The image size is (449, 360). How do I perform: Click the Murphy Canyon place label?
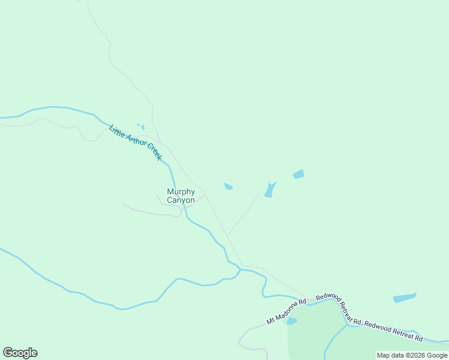point(181,196)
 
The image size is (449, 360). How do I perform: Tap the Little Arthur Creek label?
point(136,143)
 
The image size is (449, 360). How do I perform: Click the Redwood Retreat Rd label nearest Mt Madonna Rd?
point(339,308)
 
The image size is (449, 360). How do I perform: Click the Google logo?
point(20,353)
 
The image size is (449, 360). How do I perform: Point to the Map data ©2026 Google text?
point(412,355)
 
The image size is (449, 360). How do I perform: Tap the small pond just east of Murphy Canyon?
point(228,187)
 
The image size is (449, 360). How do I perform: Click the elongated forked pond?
point(270,190)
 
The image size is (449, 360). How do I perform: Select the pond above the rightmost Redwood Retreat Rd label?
point(404,298)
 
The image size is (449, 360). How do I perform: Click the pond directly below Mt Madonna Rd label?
point(292,321)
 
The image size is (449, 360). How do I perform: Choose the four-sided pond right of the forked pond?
point(298,175)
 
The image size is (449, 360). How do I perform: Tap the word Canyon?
point(181,200)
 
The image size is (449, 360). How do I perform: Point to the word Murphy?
point(181,191)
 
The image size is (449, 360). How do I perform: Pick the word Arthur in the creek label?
point(134,142)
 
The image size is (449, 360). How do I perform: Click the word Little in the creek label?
point(116,131)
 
